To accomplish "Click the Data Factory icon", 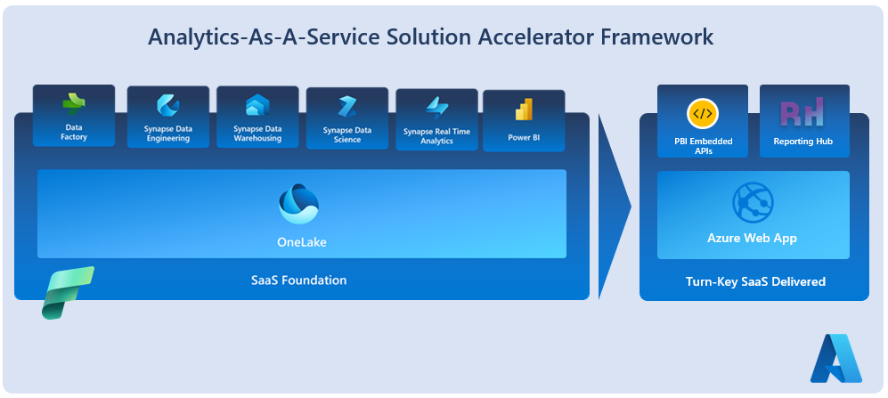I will (x=74, y=105).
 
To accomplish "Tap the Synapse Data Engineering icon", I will (x=168, y=107).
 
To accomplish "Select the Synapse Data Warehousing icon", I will (x=257, y=107).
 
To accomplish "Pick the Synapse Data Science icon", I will (x=346, y=107).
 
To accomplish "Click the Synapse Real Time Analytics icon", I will (x=436, y=109).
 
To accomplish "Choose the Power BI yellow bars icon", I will (x=524, y=110).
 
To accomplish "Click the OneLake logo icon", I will (x=299, y=204).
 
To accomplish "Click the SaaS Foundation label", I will (x=299, y=280).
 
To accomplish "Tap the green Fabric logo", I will (x=67, y=291).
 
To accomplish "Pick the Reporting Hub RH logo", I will (x=802, y=114).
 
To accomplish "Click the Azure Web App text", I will (x=752, y=238).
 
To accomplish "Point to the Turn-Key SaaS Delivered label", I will (x=755, y=281).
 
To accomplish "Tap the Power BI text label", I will (x=524, y=137).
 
